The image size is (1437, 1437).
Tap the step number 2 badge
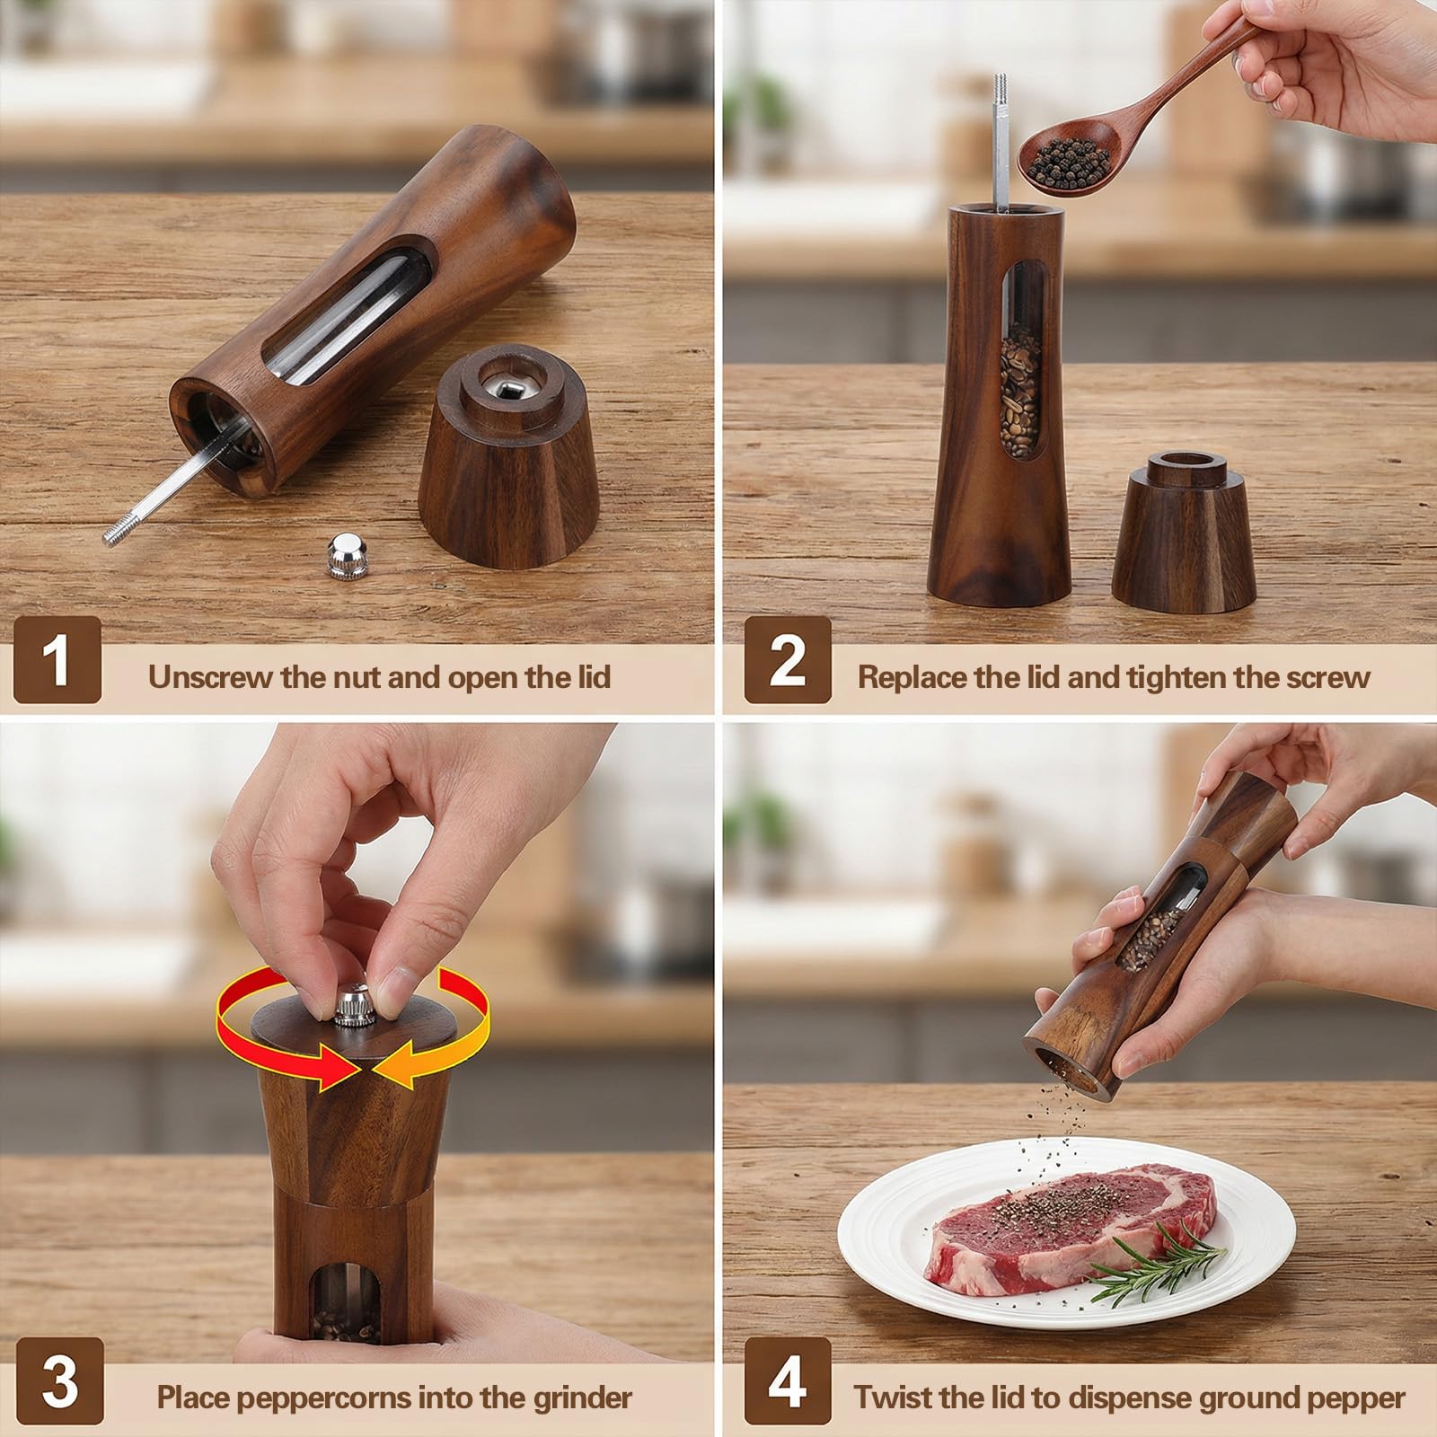click(788, 661)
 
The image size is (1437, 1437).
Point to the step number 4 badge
click(788, 1381)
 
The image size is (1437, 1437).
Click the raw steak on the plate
click(1069, 1230)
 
